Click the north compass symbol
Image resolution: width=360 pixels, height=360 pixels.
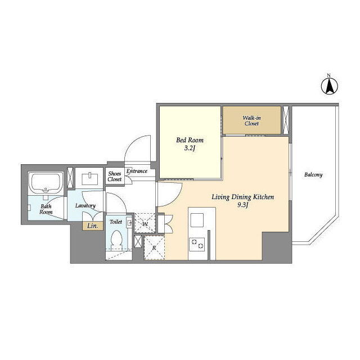tap(330, 85)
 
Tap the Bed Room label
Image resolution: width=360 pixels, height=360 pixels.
tap(190, 140)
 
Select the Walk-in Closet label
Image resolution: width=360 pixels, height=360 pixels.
tap(251, 121)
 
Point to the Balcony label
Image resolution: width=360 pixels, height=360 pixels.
tap(313, 175)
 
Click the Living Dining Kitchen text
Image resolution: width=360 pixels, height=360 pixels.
tap(242, 197)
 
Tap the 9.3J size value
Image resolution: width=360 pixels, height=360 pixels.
tap(242, 205)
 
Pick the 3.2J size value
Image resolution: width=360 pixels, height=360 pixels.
tap(190, 148)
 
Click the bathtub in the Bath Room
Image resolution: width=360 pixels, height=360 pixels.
tap(46, 183)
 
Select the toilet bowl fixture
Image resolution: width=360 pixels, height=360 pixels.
tap(116, 240)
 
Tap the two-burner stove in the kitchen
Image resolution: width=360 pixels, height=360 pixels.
tap(197, 244)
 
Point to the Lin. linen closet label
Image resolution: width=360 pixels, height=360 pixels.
tap(92, 226)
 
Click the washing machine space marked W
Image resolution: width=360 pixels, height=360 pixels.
tap(145, 223)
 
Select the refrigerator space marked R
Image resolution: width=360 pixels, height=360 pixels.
tap(154, 247)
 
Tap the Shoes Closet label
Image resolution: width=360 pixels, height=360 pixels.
tap(115, 176)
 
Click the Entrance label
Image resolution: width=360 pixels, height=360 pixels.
tap(137, 171)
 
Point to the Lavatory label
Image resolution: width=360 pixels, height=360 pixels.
tap(85, 206)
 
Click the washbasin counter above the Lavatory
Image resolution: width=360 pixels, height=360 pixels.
tap(89, 178)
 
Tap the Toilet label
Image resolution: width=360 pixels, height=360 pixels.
tap(116, 222)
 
